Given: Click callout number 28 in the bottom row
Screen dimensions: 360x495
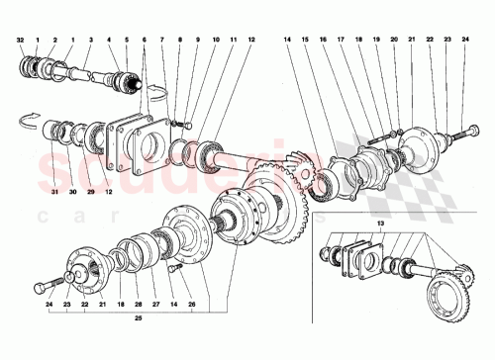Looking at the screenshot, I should click(x=136, y=306).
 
